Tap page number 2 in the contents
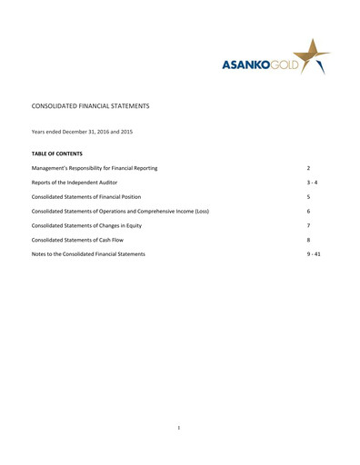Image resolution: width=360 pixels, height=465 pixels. [308, 169]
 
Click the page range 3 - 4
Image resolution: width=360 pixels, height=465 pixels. [312, 183]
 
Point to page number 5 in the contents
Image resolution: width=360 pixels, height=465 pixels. [308, 197]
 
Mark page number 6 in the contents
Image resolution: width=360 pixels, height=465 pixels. [308, 211]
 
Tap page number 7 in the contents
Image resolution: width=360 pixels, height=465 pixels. [308, 225]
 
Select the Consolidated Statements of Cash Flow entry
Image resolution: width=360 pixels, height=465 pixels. [84, 240]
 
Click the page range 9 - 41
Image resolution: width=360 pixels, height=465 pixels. [314, 253]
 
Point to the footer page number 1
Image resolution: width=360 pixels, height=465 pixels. [180, 426]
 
